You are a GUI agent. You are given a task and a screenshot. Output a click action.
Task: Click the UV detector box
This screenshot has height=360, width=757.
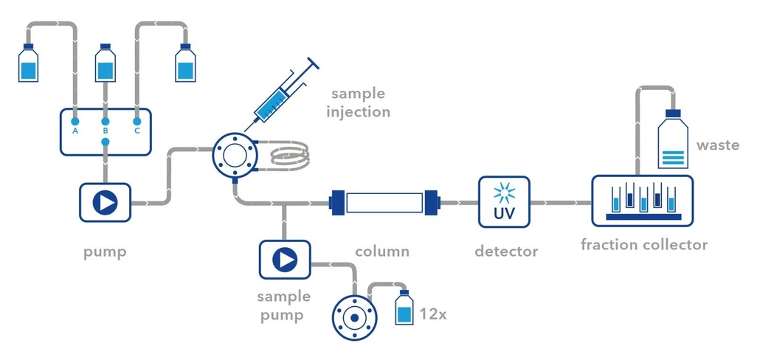(x=505, y=201)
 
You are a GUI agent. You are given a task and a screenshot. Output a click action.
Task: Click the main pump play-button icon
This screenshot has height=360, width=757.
(x=106, y=202)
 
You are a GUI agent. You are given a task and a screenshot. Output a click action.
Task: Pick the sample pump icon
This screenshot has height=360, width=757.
(x=284, y=260)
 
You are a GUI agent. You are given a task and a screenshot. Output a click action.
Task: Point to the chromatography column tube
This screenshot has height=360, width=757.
(x=384, y=201)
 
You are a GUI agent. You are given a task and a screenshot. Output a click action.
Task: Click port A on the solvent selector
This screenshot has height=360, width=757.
(x=75, y=120)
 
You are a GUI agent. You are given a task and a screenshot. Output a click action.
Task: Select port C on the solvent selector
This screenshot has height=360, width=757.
(x=136, y=120)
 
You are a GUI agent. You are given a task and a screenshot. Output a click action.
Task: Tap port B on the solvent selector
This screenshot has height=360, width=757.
(x=106, y=120)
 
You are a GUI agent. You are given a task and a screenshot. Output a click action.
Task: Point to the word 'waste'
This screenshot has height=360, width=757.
(x=717, y=145)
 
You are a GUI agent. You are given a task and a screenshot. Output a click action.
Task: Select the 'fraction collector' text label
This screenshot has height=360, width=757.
(x=643, y=245)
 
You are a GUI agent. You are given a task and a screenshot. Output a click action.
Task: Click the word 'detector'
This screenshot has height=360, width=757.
(x=505, y=252)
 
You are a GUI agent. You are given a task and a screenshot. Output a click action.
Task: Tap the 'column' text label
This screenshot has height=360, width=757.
(x=382, y=252)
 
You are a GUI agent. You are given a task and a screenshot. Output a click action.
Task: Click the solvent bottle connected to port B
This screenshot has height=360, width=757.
(x=106, y=65)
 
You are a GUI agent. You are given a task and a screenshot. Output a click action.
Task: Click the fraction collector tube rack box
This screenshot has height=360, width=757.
(x=642, y=201)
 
